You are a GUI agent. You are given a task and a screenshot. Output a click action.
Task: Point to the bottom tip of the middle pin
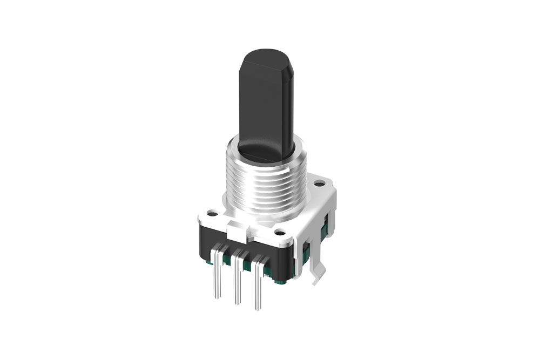coord(237,302)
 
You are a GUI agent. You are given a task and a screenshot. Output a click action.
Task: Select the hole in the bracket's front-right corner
coord(279,233)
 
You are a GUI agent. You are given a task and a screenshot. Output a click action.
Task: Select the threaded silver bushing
coord(265,184)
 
